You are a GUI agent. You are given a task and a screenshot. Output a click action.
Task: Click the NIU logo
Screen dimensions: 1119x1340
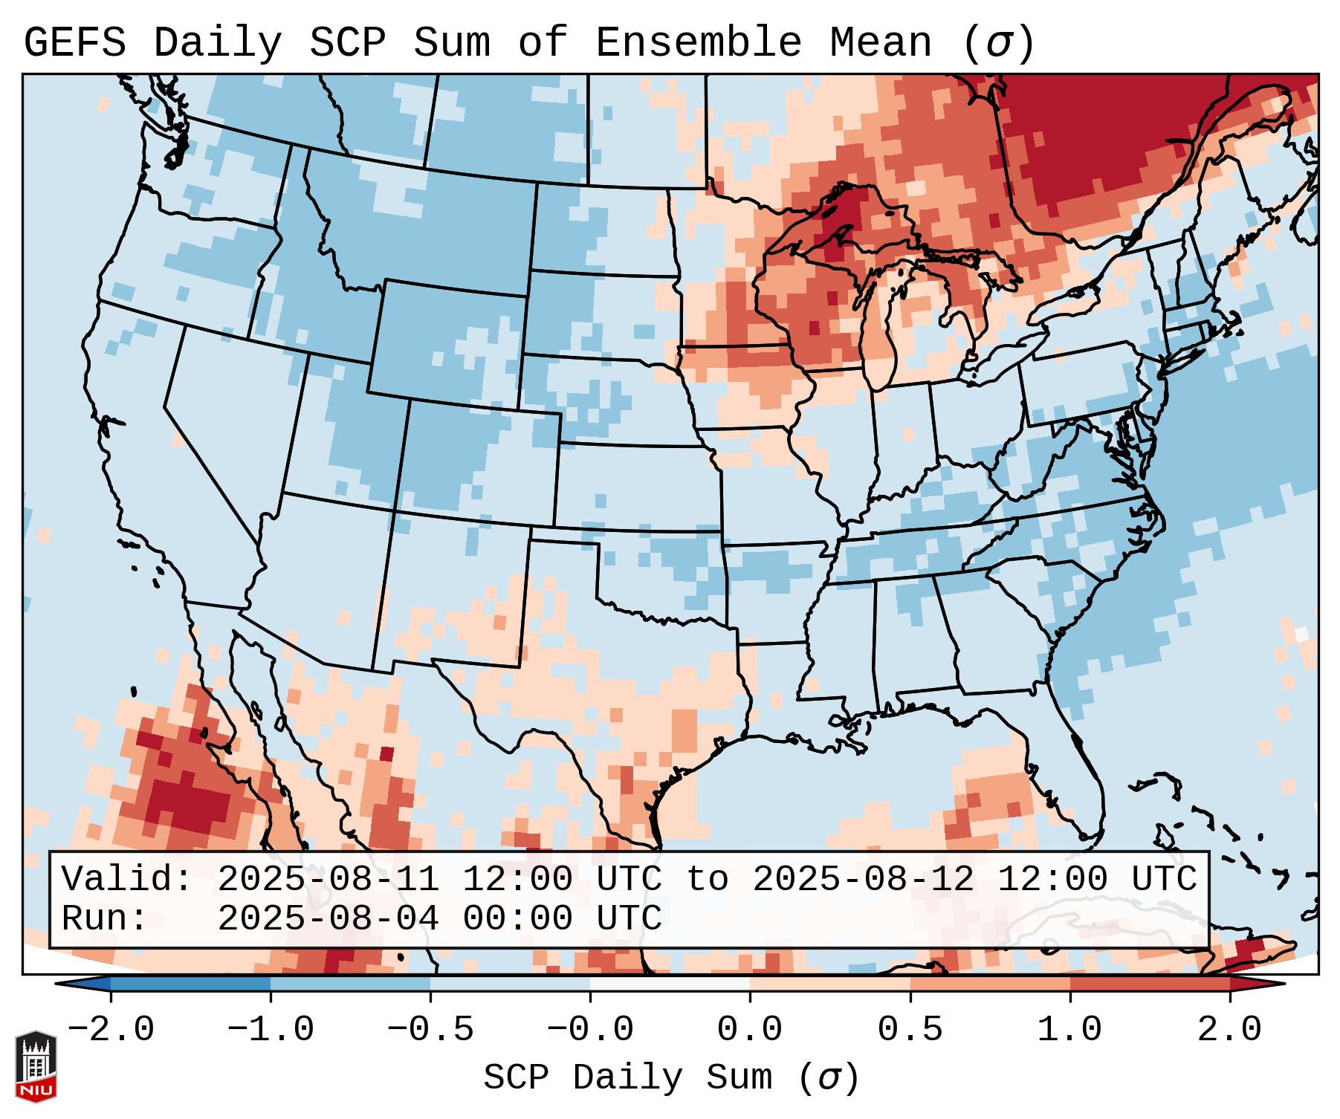[36, 1066]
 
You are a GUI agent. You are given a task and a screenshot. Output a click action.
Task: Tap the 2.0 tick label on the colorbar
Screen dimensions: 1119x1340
[1229, 1030]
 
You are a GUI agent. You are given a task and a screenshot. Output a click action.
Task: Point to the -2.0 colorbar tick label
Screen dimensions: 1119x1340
[111, 1030]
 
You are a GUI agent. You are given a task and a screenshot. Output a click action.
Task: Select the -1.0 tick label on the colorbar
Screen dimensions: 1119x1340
[271, 1030]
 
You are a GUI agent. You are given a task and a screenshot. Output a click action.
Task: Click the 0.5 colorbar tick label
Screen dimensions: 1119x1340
[910, 1030]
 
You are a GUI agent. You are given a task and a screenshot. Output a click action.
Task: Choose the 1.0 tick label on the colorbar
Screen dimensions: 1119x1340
[1069, 1030]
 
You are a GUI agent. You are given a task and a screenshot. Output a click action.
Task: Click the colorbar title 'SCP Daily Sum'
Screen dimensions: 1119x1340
[627, 1077]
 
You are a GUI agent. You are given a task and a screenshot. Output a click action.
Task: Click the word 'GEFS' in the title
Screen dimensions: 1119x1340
[74, 43]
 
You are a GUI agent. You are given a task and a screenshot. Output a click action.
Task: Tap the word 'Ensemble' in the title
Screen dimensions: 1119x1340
[698, 43]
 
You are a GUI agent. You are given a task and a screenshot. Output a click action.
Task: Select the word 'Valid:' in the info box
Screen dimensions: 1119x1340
[127, 879]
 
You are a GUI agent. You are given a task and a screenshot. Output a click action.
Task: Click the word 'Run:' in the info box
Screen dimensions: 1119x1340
[105, 918]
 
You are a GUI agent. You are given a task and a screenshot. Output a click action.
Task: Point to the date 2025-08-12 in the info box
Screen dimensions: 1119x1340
[863, 879]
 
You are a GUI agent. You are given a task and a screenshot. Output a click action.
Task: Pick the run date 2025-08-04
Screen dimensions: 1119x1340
[328, 918]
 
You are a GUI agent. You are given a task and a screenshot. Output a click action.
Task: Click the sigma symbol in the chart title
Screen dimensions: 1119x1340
[997, 43]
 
